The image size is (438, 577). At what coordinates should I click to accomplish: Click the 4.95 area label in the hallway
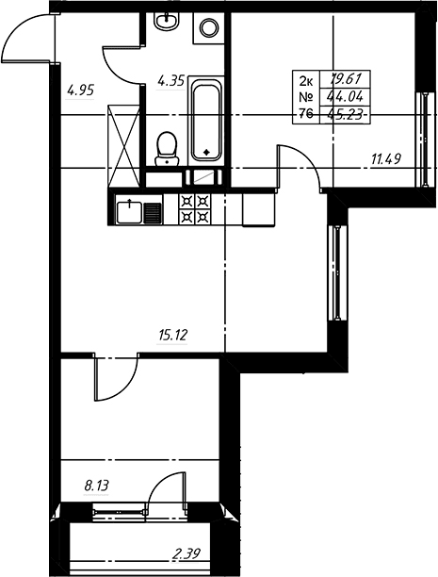81,90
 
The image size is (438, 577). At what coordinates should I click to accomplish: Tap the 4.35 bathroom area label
171,80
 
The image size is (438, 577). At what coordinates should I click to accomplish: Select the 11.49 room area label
386,159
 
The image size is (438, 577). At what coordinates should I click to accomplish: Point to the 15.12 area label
173,336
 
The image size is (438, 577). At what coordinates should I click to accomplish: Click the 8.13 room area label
97,486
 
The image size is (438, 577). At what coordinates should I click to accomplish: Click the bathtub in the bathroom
206,122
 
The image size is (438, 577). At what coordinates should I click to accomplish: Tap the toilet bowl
167,149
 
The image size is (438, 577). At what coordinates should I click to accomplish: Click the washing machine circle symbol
208,27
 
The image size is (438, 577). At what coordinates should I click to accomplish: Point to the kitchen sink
129,212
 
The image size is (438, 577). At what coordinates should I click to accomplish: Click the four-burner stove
195,209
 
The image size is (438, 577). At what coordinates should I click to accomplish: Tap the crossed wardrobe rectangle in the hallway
124,146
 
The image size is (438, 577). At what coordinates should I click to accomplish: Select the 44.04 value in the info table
346,97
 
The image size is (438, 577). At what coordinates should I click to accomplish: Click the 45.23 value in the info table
345,114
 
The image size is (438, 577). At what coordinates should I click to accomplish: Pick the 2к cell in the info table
306,79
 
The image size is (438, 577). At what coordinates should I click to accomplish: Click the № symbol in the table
306,97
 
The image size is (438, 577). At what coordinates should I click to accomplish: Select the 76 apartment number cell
306,114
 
